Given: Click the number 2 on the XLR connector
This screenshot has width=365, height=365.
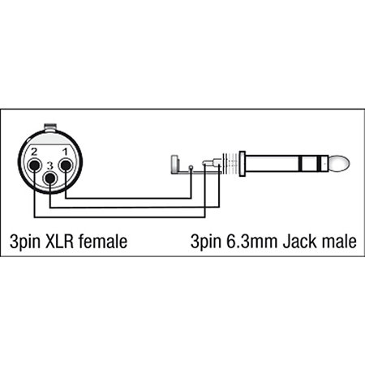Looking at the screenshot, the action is click(x=34, y=152).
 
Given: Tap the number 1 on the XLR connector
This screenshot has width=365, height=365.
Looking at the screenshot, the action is click(x=65, y=152).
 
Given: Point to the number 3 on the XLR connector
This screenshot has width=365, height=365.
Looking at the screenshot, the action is click(x=49, y=165).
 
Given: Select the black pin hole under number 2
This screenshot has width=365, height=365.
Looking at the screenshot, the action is click(x=35, y=165).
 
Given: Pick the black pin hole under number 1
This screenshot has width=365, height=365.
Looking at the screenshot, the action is click(x=66, y=165).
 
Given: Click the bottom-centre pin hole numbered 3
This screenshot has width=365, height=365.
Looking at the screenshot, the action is click(x=50, y=178).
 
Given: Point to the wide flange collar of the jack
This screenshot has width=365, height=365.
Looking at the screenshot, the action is click(x=242, y=164).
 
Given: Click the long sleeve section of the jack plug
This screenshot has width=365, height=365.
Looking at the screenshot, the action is click(x=272, y=163).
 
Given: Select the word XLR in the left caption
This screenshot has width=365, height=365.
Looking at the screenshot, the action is click(x=59, y=242).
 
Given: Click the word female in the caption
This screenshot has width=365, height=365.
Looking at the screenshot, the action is click(x=103, y=242).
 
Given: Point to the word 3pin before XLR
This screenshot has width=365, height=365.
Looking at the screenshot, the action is click(x=25, y=242).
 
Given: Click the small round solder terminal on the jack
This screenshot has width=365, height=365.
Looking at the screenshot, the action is click(x=191, y=167).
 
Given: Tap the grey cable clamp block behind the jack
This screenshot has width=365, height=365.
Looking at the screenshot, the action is click(x=174, y=164).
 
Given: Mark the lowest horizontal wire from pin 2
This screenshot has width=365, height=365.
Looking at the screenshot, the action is click(x=120, y=217).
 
